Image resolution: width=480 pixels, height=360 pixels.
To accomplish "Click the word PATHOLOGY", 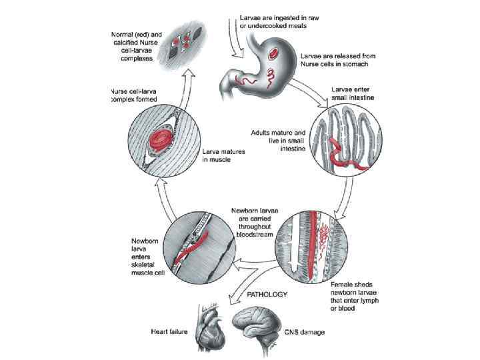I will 267,294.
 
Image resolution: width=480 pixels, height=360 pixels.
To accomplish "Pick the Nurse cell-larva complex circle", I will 159,141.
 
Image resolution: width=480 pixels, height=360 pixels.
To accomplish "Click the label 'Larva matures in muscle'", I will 223,156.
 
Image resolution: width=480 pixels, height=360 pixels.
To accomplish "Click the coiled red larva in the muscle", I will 161,139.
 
